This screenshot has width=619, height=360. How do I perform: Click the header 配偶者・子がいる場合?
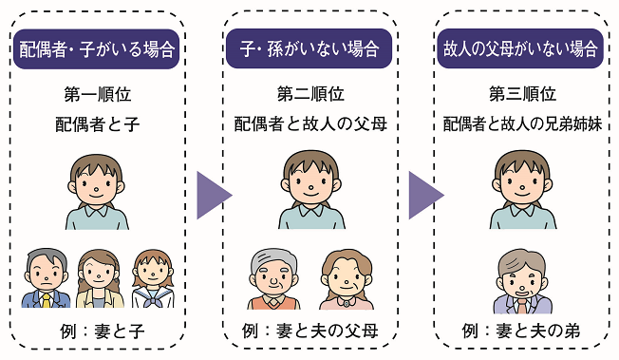pyautogui.click(x=98, y=47)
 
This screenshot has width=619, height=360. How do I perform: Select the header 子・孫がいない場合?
pyautogui.click(x=309, y=47)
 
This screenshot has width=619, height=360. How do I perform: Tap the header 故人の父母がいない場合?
pyautogui.click(x=521, y=47)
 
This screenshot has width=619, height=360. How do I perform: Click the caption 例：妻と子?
pyautogui.click(x=98, y=332)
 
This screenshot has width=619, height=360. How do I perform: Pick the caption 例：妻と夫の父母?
pyautogui.click(x=309, y=332)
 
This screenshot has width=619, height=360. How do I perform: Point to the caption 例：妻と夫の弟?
pyautogui.click(x=521, y=332)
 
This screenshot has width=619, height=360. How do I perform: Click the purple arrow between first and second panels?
pyautogui.click(x=214, y=196)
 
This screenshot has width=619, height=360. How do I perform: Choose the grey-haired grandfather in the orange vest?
pyautogui.click(x=274, y=279)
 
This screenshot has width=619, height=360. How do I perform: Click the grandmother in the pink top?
pyautogui.click(x=346, y=279)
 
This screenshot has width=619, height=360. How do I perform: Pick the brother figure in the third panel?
pyautogui.click(x=521, y=282)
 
